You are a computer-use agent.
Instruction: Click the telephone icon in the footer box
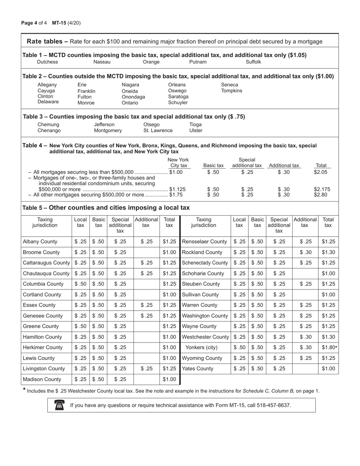pos(59,405)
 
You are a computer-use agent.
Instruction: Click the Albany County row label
pos(40,242)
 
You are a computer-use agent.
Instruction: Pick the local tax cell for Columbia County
pos(80,284)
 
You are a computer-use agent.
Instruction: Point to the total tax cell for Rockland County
pos(328,252)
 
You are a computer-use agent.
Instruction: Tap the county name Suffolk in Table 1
pos(254,62)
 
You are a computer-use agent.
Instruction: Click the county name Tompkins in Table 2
pos(232,91)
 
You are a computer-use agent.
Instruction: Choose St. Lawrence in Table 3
pos(158,131)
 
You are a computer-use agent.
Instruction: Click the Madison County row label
pos(42,379)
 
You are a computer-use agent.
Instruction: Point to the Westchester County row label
pos(205,337)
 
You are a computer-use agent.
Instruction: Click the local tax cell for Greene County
pos(80,326)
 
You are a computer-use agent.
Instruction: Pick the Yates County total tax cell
pos(328,369)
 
